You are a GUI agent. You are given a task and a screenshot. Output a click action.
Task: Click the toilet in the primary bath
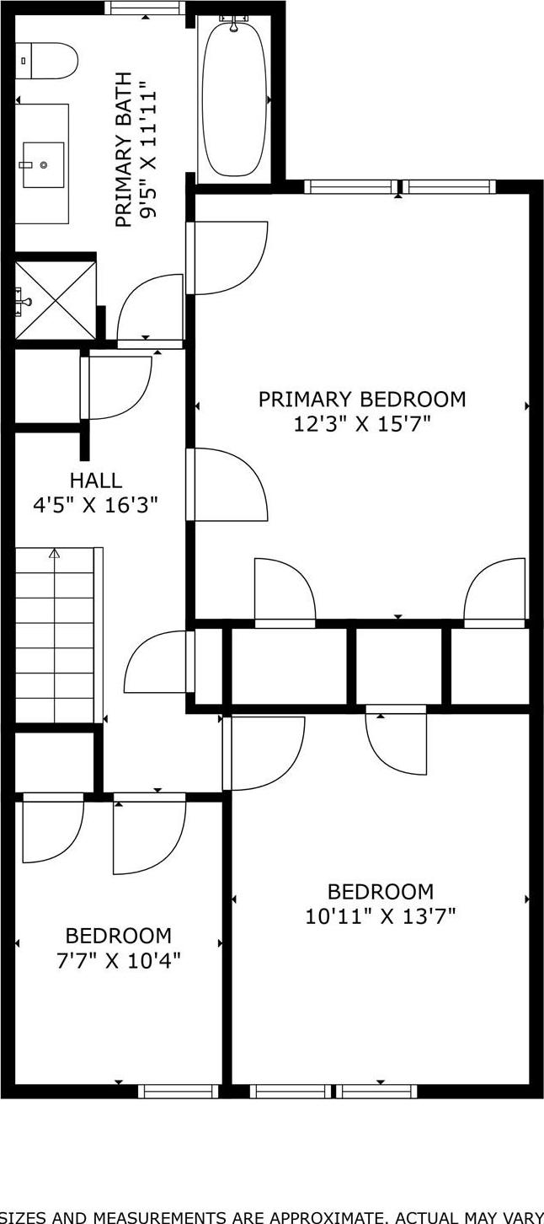[x=49, y=61]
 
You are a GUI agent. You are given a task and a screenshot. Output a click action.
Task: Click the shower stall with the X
[x=55, y=298]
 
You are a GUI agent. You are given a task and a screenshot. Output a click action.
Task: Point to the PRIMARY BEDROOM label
[x=361, y=399]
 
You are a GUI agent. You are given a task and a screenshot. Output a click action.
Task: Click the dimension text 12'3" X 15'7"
[x=361, y=423]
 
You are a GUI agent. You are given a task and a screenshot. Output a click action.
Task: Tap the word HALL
[x=95, y=480]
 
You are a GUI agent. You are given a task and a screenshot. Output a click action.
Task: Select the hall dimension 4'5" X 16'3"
[x=95, y=505]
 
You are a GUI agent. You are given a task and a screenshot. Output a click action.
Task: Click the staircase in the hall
[x=55, y=636]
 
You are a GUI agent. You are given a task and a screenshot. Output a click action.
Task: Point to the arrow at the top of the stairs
[x=55, y=554]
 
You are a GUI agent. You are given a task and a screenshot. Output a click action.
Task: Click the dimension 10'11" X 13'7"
[x=380, y=915]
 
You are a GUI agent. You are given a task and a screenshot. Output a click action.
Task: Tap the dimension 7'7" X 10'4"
[x=118, y=959]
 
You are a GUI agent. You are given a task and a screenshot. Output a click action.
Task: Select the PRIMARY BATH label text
[x=124, y=154]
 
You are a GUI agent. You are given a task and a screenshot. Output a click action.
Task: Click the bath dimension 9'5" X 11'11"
[x=149, y=150]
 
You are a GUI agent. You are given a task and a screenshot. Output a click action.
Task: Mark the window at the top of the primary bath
[x=145, y=8]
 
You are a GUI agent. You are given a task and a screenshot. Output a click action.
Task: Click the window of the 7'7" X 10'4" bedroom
[x=178, y=1091]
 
